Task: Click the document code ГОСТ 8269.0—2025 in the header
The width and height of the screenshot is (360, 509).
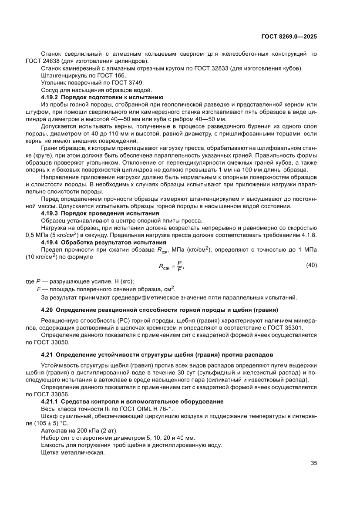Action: (x=289, y=37)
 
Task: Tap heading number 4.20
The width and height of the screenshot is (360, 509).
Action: (x=47, y=310)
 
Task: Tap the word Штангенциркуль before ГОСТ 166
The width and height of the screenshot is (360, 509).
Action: (x=61, y=75)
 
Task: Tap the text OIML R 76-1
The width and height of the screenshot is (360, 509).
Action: (x=144, y=408)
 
